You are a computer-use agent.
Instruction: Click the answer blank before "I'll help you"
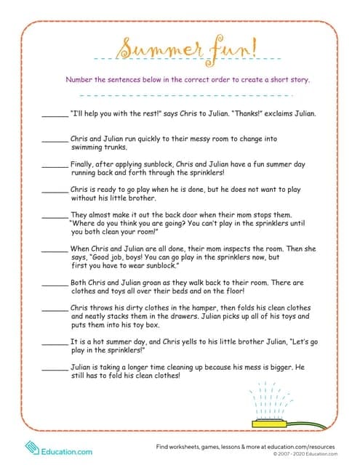[x=55, y=115]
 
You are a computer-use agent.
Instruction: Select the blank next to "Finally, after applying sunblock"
[x=55, y=165]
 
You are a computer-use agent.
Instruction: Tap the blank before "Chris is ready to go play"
[x=55, y=189]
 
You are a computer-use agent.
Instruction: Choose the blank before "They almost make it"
[x=55, y=216]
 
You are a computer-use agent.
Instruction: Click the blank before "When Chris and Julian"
[x=55, y=249]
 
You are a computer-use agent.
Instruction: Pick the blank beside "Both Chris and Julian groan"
[x=55, y=283]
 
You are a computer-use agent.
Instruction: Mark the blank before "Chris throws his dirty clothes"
[x=55, y=309]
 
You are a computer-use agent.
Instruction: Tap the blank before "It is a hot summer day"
[x=55, y=342]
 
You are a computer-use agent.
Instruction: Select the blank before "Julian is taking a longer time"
[x=55, y=368]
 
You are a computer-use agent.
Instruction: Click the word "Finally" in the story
[x=84, y=165]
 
